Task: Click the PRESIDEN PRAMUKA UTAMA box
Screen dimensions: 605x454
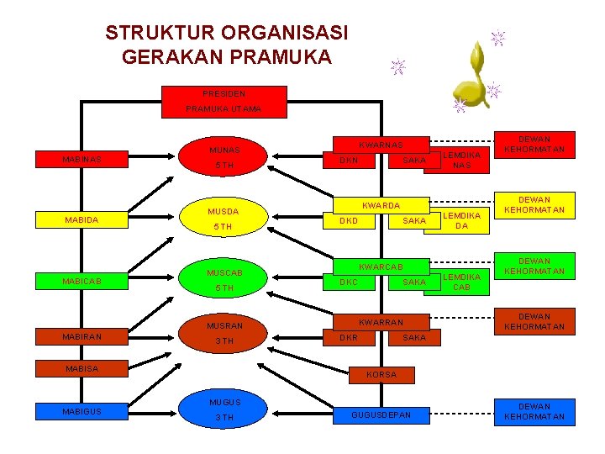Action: [x=224, y=101]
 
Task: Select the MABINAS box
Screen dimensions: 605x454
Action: [x=82, y=159]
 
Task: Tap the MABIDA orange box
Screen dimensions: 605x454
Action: [x=82, y=220]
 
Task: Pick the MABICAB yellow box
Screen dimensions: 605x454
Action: [x=82, y=282]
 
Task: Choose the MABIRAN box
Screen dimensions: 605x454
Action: [x=82, y=336]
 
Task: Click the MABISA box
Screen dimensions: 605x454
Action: [x=82, y=368]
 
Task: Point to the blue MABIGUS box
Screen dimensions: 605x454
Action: [x=82, y=411]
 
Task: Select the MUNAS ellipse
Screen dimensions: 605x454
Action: [x=224, y=158]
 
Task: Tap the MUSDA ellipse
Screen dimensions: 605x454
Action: [x=224, y=219]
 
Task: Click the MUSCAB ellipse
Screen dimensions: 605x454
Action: [x=224, y=281]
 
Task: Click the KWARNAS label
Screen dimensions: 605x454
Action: [x=381, y=145]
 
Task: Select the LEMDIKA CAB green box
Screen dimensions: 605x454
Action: [x=461, y=282]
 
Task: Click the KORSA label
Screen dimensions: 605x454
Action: [x=381, y=375]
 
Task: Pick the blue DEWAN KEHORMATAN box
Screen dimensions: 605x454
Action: [x=534, y=411]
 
